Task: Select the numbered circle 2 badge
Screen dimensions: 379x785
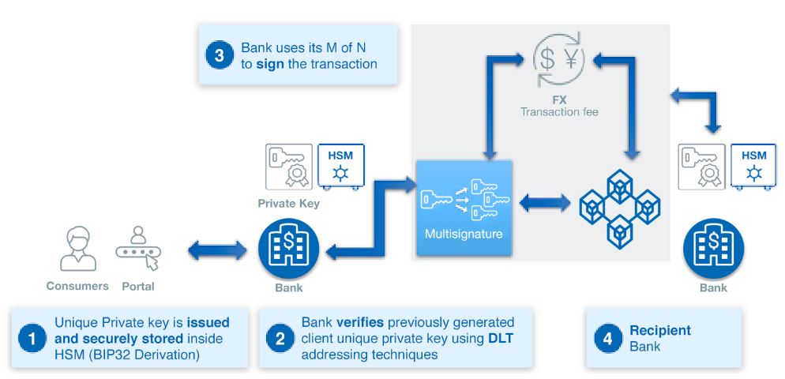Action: click(280, 339)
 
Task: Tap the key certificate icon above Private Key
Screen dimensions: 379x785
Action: click(287, 167)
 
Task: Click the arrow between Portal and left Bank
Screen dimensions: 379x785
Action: click(215, 252)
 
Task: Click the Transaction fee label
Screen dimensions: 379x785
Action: click(558, 113)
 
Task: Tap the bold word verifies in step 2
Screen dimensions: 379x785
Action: click(362, 322)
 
